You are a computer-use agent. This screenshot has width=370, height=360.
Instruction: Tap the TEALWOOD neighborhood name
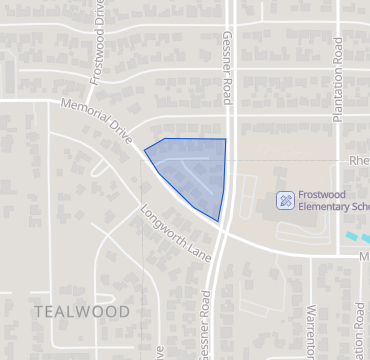(82, 311)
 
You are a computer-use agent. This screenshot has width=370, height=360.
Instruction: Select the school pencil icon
(285, 200)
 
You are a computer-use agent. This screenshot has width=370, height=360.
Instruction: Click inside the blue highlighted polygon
(195, 165)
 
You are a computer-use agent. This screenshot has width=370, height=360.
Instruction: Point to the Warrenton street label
(313, 330)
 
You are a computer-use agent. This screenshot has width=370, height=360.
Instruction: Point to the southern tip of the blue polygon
(217, 221)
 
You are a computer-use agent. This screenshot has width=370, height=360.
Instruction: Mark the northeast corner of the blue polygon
(225, 139)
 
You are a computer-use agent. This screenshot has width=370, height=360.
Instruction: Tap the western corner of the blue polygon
(145, 150)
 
